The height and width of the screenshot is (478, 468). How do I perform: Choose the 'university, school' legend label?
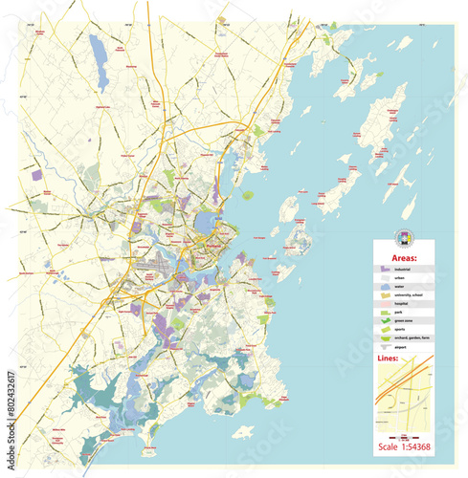coord(412,296)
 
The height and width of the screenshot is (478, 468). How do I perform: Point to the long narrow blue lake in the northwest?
coord(98,51)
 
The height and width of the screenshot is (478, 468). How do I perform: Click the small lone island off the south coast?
coord(243,432)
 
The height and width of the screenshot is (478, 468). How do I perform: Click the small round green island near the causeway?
coord(249,195)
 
